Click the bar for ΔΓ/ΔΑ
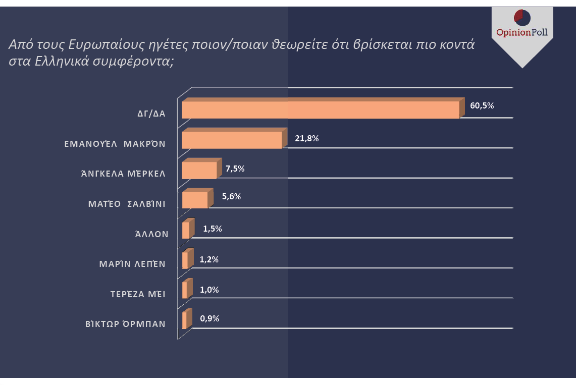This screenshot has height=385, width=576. point(321,109)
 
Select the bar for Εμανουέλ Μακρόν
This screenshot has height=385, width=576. point(232,140)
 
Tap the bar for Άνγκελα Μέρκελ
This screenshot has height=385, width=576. point(199,170)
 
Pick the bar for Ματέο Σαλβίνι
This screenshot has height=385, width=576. point(195,200)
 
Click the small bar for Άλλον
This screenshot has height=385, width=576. point(186,230)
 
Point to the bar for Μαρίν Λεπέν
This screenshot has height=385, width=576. point(185,260)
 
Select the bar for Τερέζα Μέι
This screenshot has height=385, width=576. point(185,290)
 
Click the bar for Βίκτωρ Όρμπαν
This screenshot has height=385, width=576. point(185,320)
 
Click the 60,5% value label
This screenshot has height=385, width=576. point(482,106)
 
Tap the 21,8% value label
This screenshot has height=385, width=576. point(307,138)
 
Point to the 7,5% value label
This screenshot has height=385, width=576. point(235,169)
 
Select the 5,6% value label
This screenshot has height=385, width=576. point(231,197)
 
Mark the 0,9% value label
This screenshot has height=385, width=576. point(210,318)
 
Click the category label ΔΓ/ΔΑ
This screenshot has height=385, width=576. point(151,114)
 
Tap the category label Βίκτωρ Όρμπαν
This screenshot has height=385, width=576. point(125,324)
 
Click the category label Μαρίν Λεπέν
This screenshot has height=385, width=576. point(132,264)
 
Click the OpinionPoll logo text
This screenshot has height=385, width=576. point(522,33)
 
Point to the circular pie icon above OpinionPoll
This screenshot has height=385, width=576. point(522,17)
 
